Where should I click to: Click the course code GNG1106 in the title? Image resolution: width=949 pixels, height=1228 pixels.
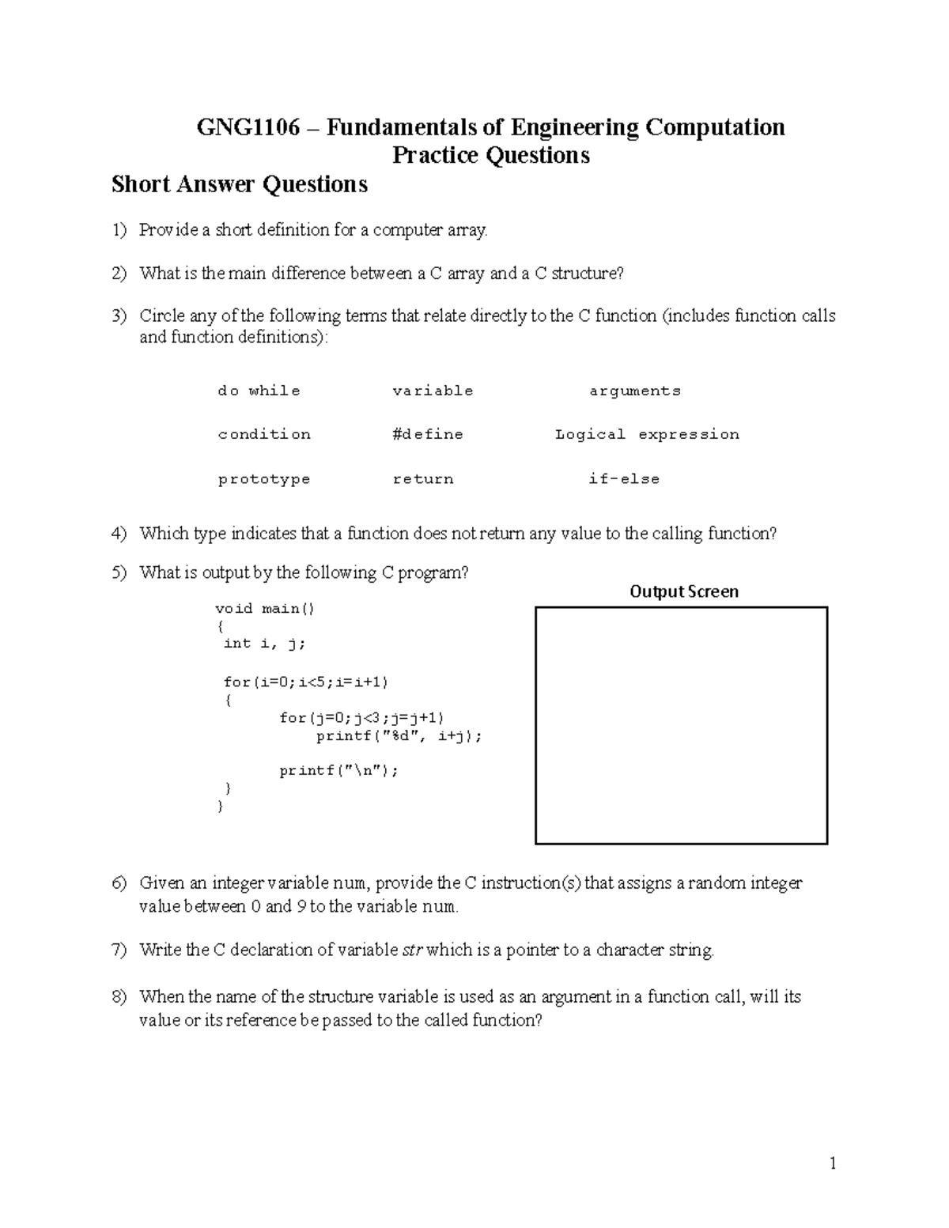point(248,127)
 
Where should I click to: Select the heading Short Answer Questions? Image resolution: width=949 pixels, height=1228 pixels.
point(240,184)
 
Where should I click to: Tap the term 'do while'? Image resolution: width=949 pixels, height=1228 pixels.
point(259,391)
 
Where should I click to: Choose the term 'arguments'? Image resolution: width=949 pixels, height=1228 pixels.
point(634,391)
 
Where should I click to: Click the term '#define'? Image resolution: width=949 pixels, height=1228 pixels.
point(428,434)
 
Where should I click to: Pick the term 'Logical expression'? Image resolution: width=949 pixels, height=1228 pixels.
point(647,434)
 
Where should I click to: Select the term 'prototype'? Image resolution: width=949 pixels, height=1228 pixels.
point(264,479)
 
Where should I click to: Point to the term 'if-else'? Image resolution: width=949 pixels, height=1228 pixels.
point(624,479)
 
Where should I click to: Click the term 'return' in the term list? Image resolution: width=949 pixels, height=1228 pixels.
point(423,479)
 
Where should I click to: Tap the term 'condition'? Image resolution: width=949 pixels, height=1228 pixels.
point(264,434)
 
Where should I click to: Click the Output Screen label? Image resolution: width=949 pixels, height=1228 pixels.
point(684,591)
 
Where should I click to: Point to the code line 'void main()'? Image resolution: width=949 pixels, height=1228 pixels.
point(265,608)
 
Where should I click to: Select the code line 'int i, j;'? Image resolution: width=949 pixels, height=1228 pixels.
point(264,644)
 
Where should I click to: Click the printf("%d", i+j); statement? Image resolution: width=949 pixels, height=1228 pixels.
point(399,736)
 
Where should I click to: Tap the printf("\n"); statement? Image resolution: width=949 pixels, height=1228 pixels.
point(338,771)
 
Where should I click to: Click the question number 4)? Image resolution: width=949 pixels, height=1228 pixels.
point(119,534)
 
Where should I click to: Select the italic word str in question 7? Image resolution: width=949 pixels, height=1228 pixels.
point(413,950)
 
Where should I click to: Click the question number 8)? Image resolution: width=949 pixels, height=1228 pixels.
point(119,997)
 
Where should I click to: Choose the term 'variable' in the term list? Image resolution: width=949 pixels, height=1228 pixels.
point(433,391)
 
